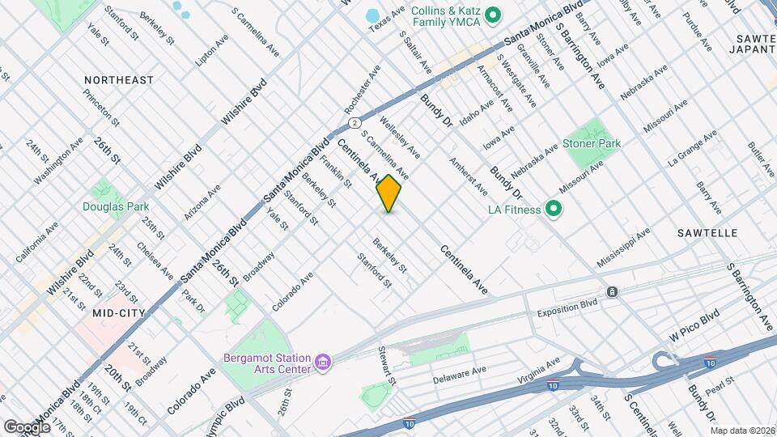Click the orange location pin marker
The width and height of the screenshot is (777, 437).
tap(389, 193)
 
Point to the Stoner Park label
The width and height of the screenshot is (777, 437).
tap(592, 143)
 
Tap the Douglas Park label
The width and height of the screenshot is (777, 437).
tap(116, 206)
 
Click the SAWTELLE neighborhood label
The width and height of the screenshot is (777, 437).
tap(707, 233)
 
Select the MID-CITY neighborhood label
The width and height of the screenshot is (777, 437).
tap(113, 312)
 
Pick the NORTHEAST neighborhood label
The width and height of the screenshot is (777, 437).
tap(118, 80)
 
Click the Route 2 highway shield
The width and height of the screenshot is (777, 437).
tap(354, 122)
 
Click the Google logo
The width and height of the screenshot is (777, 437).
tap(27, 426)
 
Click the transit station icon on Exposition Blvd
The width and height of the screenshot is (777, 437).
tap(613, 292)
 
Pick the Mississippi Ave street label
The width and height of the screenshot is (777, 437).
tap(623, 248)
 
